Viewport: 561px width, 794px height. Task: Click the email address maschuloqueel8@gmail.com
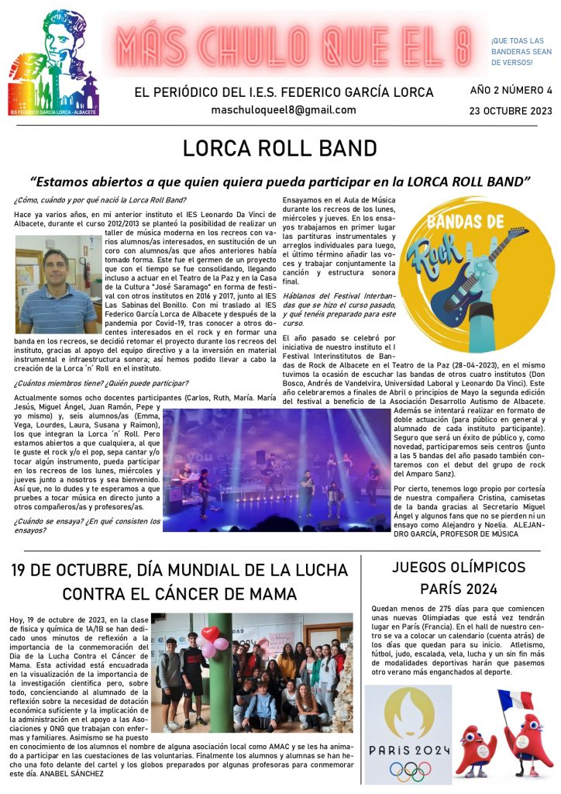[284, 110]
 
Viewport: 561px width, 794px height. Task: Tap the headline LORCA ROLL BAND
[280, 148]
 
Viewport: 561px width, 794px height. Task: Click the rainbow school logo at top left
[53, 63]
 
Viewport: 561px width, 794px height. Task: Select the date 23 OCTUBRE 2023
[511, 111]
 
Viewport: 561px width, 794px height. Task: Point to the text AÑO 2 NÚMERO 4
[511, 90]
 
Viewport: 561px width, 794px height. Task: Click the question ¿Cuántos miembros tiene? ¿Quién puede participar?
[101, 383]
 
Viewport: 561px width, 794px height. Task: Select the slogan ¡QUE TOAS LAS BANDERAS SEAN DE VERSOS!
[517, 51]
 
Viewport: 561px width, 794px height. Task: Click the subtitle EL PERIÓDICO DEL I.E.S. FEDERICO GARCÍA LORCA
[284, 91]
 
